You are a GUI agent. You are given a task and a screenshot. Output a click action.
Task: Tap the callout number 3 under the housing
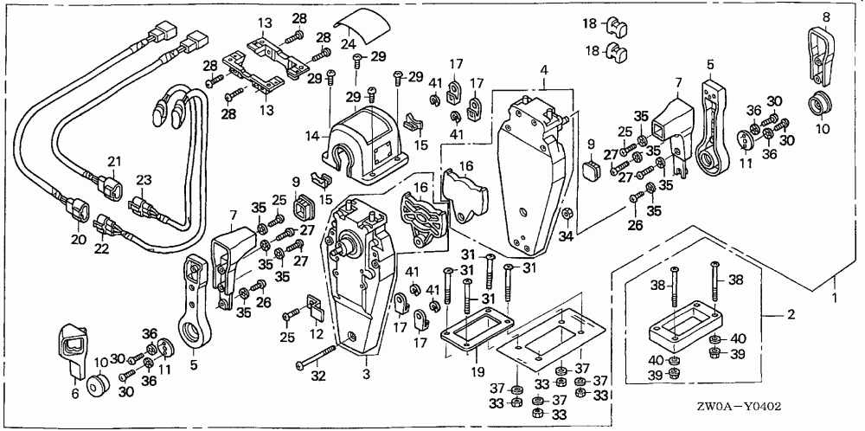366,373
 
